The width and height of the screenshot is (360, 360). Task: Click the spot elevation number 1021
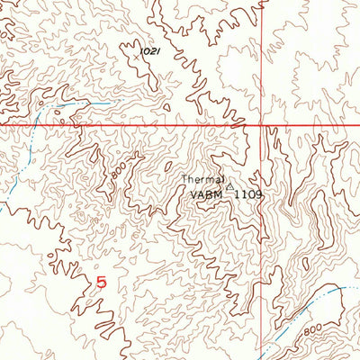point(150,54)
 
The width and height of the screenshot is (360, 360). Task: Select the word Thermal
point(206,179)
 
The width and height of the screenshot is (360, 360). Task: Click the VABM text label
point(205,193)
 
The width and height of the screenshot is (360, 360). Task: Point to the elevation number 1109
point(247,193)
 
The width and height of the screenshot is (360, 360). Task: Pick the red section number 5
point(100,283)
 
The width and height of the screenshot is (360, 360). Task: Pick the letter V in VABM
point(193,193)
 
